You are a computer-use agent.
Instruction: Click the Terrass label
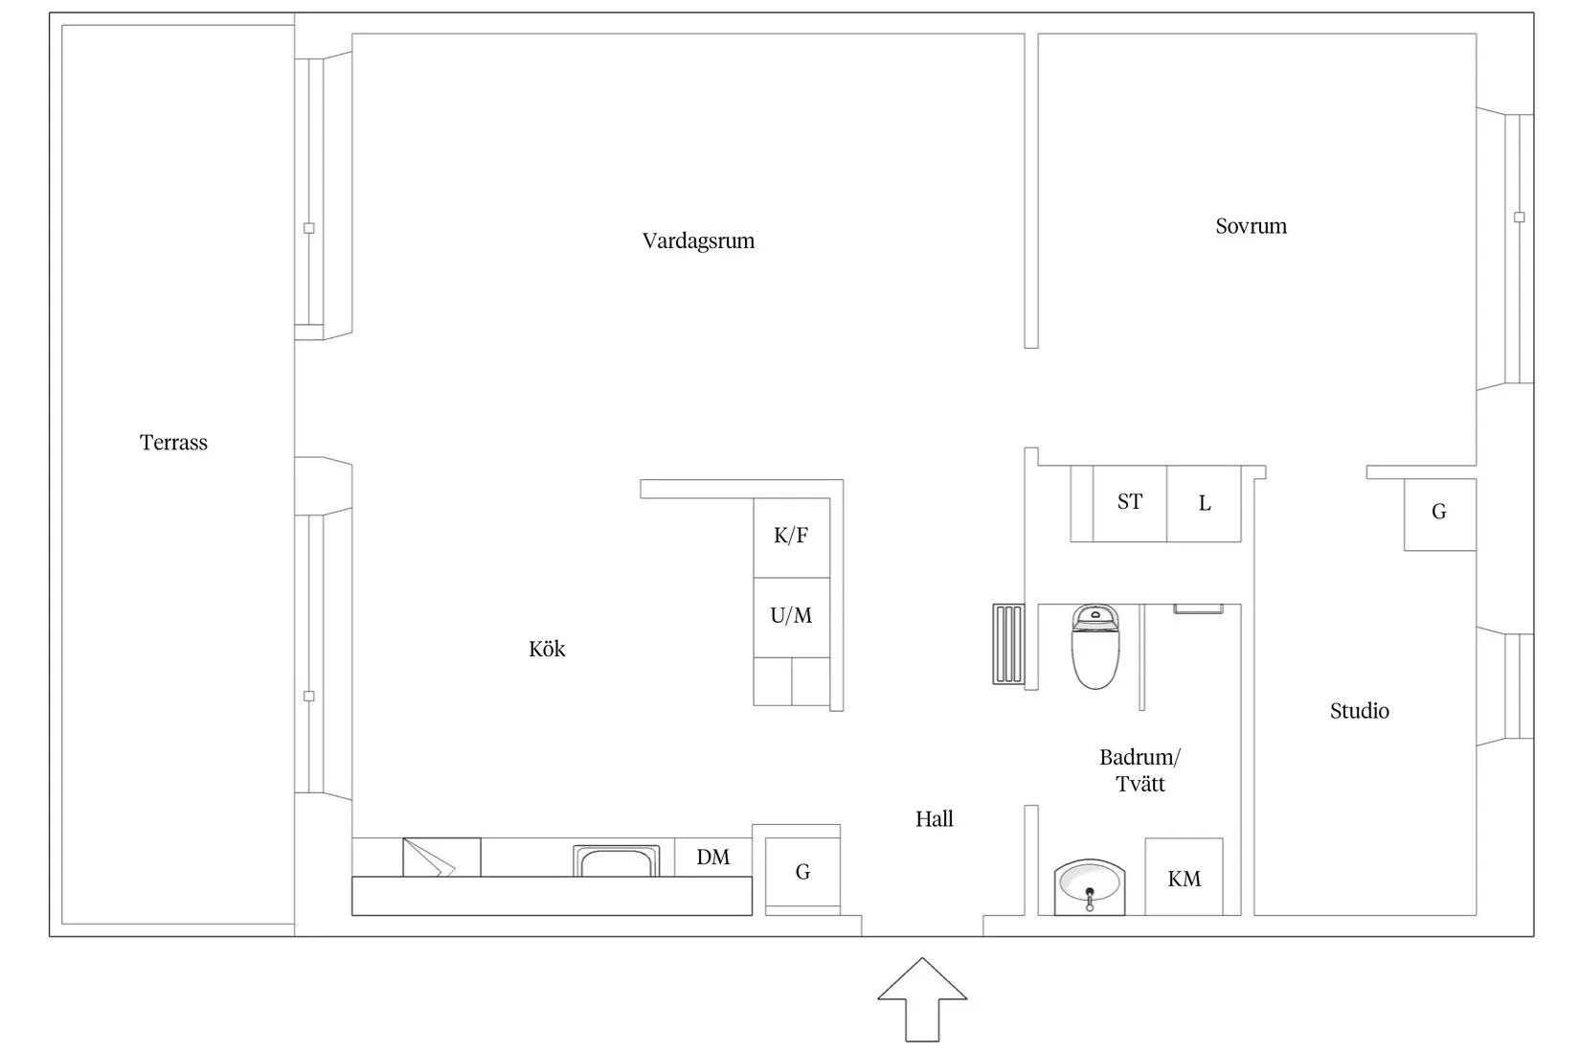(x=173, y=443)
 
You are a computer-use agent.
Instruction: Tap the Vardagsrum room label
(x=698, y=241)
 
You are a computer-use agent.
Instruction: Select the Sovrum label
(x=1252, y=226)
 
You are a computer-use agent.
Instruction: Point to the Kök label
(x=547, y=649)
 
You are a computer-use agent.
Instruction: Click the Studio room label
(x=1360, y=710)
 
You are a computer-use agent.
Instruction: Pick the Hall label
(x=935, y=819)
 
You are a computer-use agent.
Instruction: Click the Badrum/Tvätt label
(x=1140, y=770)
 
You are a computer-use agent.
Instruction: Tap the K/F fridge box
(x=791, y=538)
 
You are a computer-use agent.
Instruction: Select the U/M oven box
(x=791, y=618)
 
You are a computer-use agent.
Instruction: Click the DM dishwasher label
(x=713, y=857)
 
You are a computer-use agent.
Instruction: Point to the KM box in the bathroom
(x=1184, y=877)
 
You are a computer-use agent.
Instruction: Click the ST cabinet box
(x=1130, y=503)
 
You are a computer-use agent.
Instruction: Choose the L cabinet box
(x=1204, y=503)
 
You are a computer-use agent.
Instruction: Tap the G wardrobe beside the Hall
(x=802, y=872)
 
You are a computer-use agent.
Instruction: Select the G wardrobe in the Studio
(x=1439, y=515)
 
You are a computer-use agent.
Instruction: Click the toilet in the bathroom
(x=1095, y=646)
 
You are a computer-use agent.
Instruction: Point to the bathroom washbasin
(x=1089, y=886)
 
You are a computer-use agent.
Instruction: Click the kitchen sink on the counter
(x=617, y=861)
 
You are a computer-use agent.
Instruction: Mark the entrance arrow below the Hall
(x=922, y=999)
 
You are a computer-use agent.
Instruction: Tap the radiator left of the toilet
(x=1008, y=644)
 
